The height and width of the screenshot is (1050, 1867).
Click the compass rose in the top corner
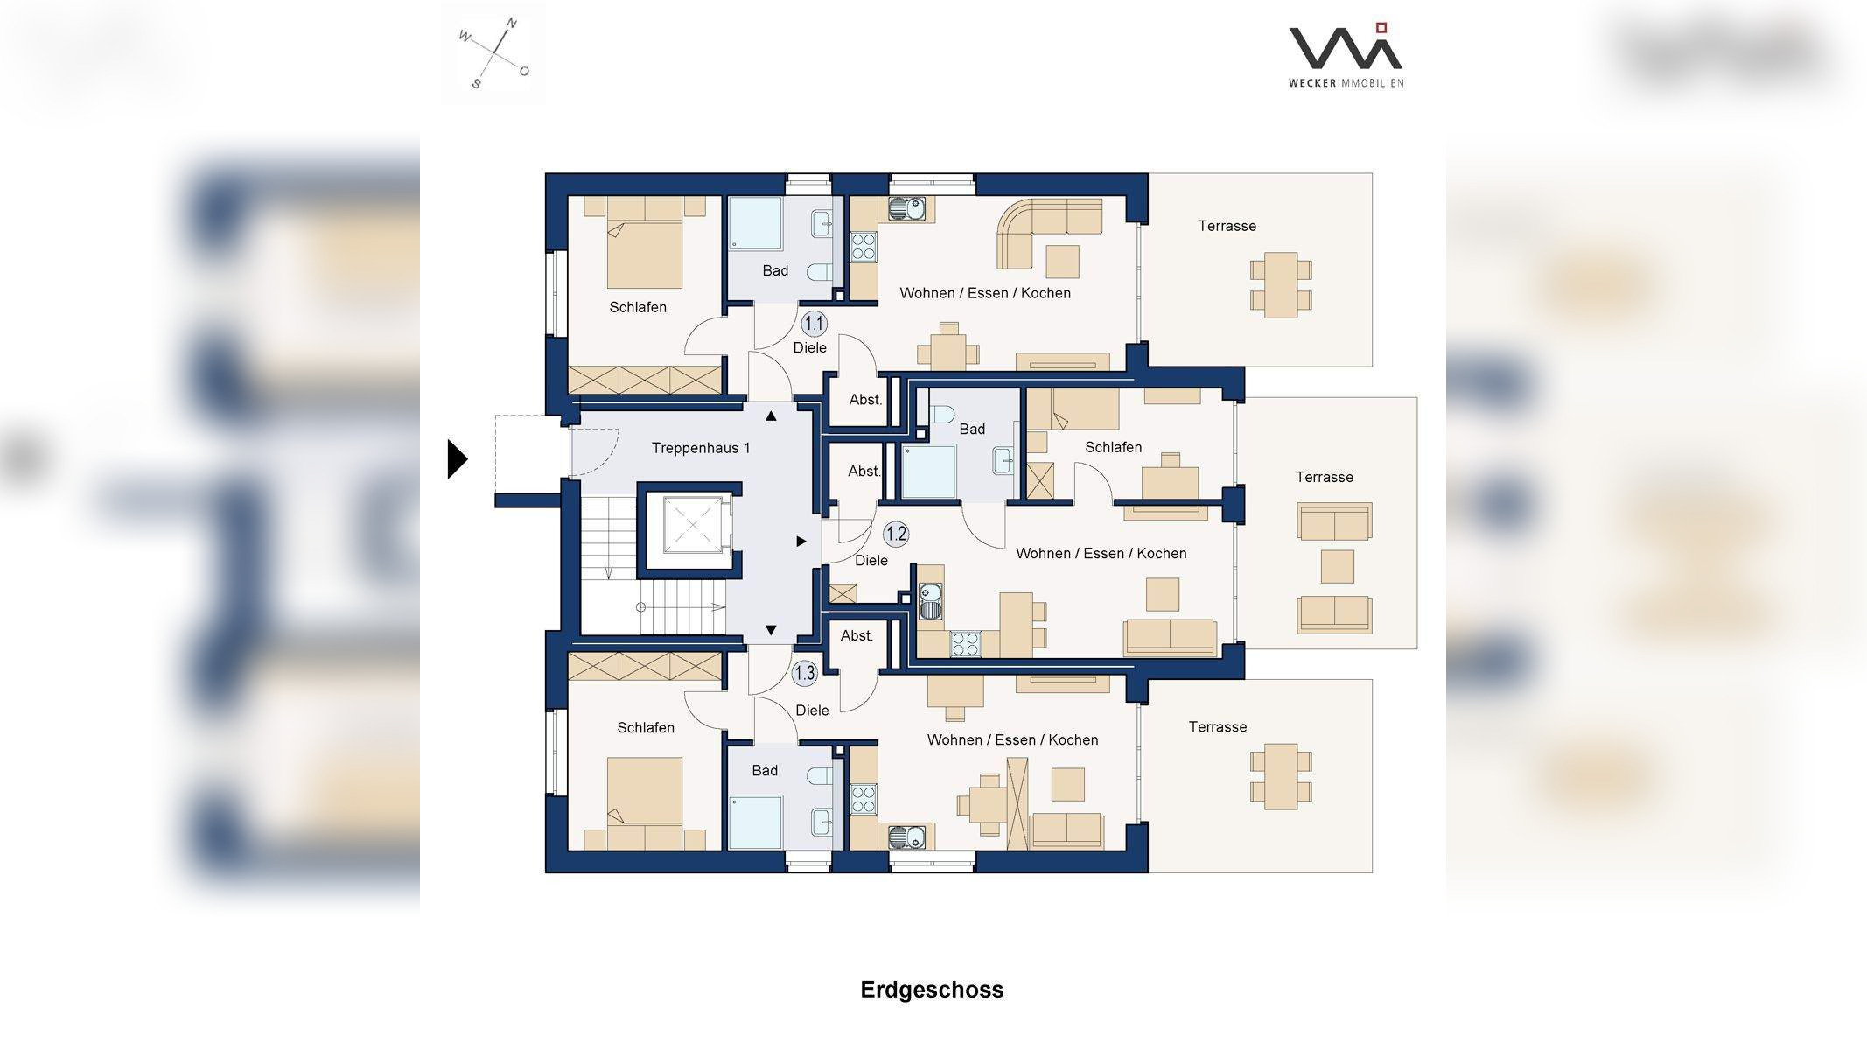point(494,53)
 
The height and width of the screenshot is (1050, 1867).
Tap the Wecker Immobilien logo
point(1346,55)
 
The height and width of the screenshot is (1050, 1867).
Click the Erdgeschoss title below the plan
point(932,990)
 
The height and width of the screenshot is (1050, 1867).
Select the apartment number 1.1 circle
point(814,324)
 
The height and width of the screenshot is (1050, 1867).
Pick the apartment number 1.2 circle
point(896,534)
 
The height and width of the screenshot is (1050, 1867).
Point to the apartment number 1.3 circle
point(804,673)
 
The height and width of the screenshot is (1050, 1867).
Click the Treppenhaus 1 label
point(701,448)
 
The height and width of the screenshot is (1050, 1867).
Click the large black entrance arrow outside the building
point(458,459)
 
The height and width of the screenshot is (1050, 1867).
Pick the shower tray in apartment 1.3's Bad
point(755,822)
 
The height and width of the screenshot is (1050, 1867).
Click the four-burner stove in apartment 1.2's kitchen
point(966,644)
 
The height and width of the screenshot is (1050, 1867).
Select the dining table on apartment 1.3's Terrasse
point(1281,775)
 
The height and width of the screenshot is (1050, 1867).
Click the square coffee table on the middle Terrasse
point(1337,567)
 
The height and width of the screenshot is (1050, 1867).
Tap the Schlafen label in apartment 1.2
point(1113,447)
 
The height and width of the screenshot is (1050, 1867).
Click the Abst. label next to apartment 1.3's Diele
point(857,636)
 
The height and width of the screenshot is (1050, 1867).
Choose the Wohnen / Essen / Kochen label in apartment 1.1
point(985,293)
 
